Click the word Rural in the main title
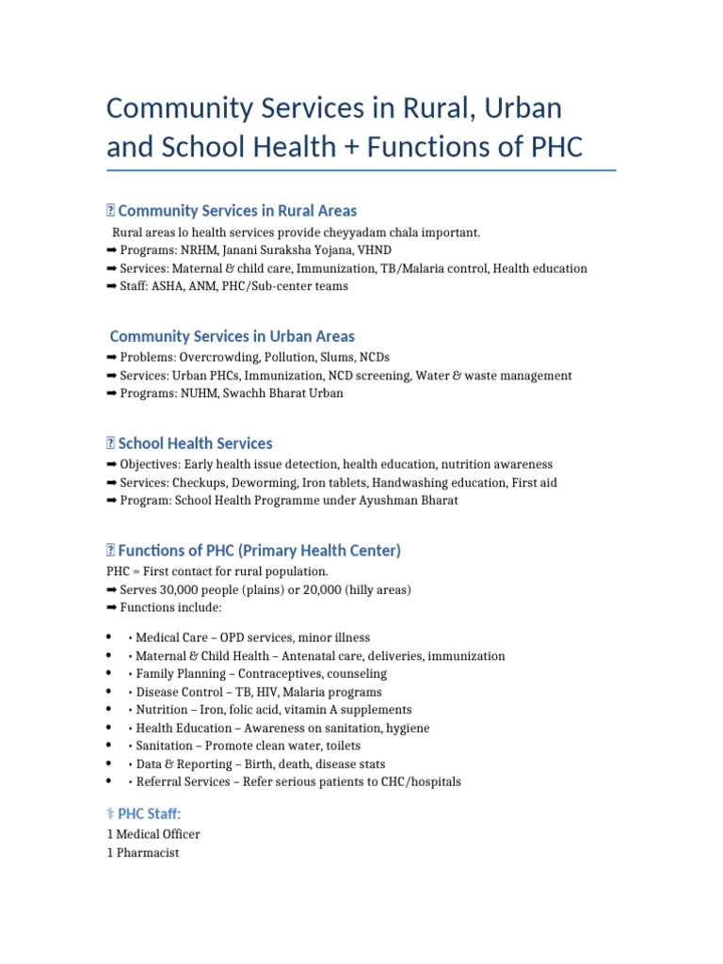click(427, 108)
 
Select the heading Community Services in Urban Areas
click(233, 336)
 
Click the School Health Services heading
click(195, 443)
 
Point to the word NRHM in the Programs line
click(197, 250)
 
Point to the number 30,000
click(183, 590)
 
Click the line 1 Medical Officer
click(154, 835)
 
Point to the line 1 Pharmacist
click(143, 853)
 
